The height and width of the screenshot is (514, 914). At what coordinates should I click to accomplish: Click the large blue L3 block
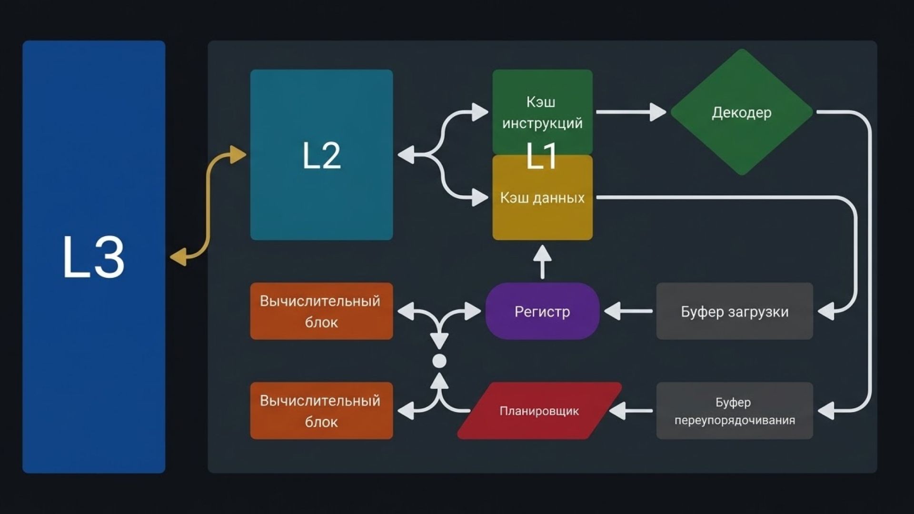[x=94, y=257]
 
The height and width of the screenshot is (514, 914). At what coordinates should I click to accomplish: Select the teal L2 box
[x=321, y=155]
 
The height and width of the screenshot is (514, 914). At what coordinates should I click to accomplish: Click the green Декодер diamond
[x=741, y=112]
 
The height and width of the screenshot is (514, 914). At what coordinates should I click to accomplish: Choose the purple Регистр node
[x=542, y=311]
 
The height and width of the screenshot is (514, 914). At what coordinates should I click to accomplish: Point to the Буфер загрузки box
[x=734, y=311]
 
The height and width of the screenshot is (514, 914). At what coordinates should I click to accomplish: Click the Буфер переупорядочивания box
[x=734, y=411]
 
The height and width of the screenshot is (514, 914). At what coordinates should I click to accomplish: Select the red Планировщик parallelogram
[x=539, y=411]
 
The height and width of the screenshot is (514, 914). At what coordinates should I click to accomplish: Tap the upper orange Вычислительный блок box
[x=321, y=311]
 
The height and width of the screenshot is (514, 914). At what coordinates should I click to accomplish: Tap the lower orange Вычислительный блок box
[x=321, y=411]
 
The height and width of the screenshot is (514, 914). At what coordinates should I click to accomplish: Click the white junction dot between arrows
[x=439, y=361]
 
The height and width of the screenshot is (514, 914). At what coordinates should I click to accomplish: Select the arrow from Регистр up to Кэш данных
[x=542, y=262]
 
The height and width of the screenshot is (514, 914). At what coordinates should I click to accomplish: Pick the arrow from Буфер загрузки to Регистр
[x=628, y=311]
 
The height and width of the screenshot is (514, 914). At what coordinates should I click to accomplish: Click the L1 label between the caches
[x=542, y=156]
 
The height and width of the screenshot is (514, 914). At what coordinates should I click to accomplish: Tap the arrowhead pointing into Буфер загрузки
[x=826, y=312]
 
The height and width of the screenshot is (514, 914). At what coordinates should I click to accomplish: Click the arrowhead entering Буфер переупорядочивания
[x=826, y=411]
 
